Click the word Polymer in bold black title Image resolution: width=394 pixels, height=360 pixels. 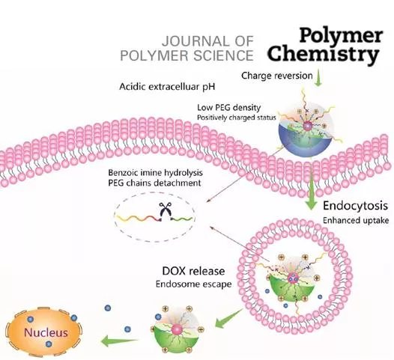click(x=341, y=36)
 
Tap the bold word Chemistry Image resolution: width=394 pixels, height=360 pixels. click(x=323, y=54)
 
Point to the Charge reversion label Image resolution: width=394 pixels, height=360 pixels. click(x=277, y=76)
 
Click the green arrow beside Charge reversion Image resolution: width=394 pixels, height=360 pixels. click(x=318, y=78)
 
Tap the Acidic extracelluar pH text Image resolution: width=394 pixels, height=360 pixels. click(x=167, y=87)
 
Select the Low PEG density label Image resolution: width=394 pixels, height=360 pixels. click(x=228, y=108)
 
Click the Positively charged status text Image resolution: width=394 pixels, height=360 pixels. click(x=237, y=118)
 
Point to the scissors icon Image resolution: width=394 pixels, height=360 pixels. click(x=165, y=210)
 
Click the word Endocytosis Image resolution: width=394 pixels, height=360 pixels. click(x=355, y=206)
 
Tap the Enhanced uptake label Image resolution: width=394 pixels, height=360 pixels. click(x=356, y=221)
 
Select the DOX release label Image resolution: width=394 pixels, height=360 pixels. click(x=193, y=271)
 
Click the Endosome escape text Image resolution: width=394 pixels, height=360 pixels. click(x=193, y=284)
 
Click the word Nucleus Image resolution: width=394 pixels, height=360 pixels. click(x=46, y=332)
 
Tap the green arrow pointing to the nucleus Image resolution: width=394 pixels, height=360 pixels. click(x=120, y=341)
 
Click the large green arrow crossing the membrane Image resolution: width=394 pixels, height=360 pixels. click(x=312, y=185)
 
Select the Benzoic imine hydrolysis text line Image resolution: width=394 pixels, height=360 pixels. click(x=155, y=173)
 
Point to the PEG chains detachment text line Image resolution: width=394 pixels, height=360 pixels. click(x=154, y=183)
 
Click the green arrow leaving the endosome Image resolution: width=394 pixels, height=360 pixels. click(x=228, y=318)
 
